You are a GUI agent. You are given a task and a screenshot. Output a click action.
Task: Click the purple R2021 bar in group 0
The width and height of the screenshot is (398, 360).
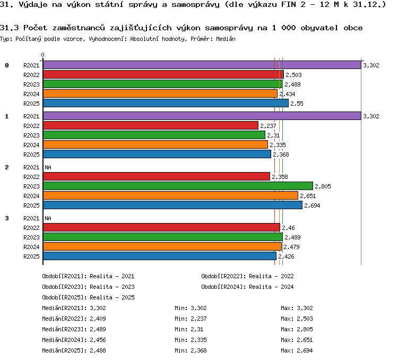point(202,65)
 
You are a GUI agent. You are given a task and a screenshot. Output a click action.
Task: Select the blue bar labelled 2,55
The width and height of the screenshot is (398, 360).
point(166,103)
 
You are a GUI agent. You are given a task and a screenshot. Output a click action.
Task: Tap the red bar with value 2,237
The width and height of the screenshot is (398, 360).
point(151,125)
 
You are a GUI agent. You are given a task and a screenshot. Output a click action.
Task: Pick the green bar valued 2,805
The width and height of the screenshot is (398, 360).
point(178,186)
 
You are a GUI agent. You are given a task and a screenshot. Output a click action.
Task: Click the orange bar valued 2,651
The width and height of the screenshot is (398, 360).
point(170,195)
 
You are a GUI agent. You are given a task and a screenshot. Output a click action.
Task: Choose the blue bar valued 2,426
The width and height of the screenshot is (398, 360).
point(160,256)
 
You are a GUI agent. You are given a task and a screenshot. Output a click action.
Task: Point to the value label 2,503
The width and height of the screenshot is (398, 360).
point(293,75)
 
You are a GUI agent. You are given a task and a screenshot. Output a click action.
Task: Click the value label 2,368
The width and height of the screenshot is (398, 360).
point(281,155)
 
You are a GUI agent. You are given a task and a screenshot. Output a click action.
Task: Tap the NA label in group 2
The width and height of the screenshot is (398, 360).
point(48,167)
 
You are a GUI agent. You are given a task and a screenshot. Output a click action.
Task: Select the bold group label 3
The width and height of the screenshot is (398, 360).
point(7,218)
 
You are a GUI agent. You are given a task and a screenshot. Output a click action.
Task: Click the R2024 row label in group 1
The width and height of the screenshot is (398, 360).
point(31,145)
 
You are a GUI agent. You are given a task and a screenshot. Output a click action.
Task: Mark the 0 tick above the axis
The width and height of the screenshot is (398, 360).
point(42,55)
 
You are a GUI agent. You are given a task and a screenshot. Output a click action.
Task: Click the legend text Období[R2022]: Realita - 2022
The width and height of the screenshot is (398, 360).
point(247,276)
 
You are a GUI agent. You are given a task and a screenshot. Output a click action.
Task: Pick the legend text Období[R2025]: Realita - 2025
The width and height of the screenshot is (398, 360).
point(88,297)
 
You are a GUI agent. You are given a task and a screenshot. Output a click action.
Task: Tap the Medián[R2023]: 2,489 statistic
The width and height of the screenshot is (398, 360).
point(74,329)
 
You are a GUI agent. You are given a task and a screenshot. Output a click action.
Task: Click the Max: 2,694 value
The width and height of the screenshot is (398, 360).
point(297,350)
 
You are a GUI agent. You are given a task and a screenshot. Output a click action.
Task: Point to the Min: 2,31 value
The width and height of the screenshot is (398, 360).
point(189,329)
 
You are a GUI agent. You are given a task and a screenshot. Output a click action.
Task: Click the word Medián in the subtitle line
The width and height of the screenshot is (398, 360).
point(226,39)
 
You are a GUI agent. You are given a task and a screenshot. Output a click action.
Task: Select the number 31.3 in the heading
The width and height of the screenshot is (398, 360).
point(10,28)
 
